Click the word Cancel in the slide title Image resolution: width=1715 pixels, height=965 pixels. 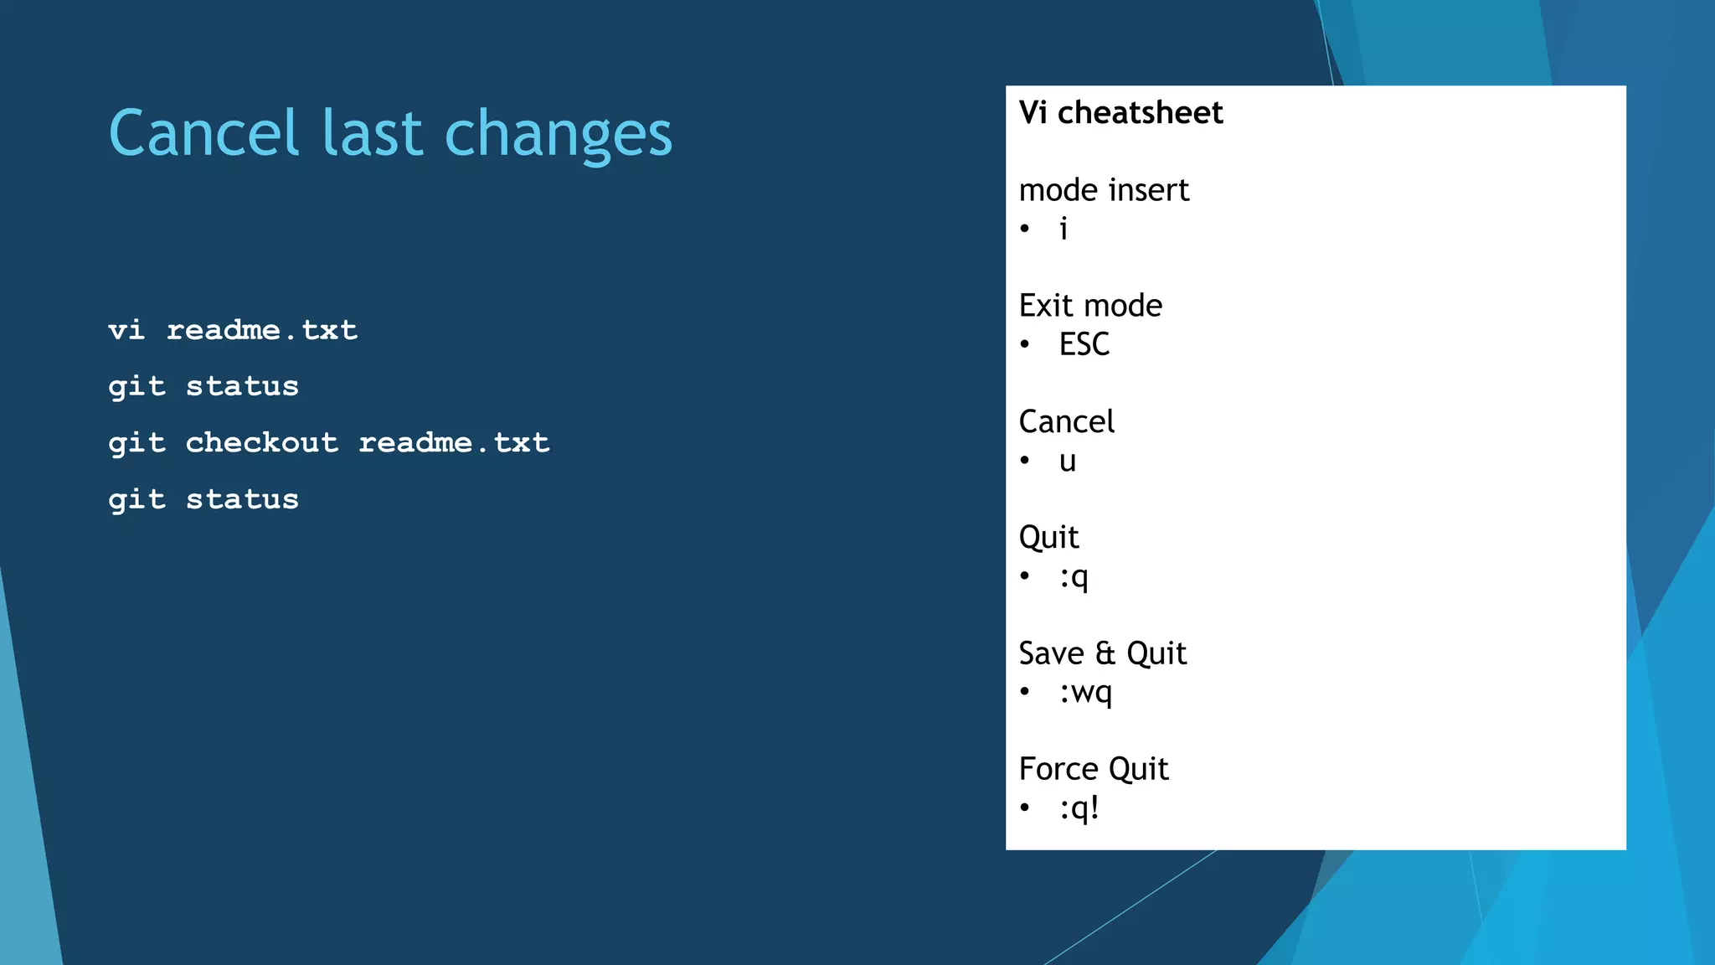coord(203,133)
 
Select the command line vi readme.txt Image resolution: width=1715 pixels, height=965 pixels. coord(233,330)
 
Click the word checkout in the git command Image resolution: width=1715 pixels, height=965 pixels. coord(261,442)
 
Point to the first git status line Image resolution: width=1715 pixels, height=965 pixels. coord(203,386)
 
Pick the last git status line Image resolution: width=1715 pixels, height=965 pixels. coord(203,499)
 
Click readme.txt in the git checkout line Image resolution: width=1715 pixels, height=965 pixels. coord(454,442)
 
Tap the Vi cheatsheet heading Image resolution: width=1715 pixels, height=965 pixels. coord(1120,112)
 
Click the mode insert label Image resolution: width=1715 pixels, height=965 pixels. coord(1104,190)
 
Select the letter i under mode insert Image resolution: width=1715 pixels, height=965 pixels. coord(1064,229)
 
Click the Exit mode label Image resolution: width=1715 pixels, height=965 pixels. coord(1090,306)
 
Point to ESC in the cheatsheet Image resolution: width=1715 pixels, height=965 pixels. coord(1084,344)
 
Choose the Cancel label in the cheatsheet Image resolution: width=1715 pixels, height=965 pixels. coord(1066,421)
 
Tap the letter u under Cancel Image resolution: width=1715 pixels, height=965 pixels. coord(1067,462)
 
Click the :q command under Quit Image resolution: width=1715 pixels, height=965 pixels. coord(1074,577)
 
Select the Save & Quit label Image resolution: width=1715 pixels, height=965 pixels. coord(1102,653)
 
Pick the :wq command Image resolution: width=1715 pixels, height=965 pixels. coord(1085,693)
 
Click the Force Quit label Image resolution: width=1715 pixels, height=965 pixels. coord(1093,769)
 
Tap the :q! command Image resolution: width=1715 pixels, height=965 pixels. coord(1079,808)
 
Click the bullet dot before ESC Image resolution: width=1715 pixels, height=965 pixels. coord(1025,344)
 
